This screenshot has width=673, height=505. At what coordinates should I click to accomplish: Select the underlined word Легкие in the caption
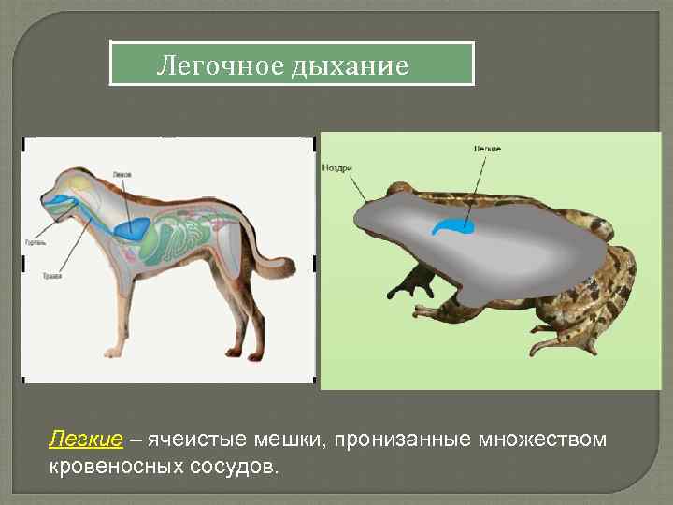(85, 440)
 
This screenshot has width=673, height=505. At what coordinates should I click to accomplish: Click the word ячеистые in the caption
(195, 440)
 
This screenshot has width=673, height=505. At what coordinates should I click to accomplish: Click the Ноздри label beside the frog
(336, 167)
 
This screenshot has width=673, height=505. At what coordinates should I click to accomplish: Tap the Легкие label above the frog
(487, 149)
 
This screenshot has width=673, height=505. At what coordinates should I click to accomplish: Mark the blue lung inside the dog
(132, 226)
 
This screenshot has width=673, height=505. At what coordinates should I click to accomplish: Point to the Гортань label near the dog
(35, 243)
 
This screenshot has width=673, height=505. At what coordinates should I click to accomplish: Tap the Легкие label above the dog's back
(121, 174)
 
